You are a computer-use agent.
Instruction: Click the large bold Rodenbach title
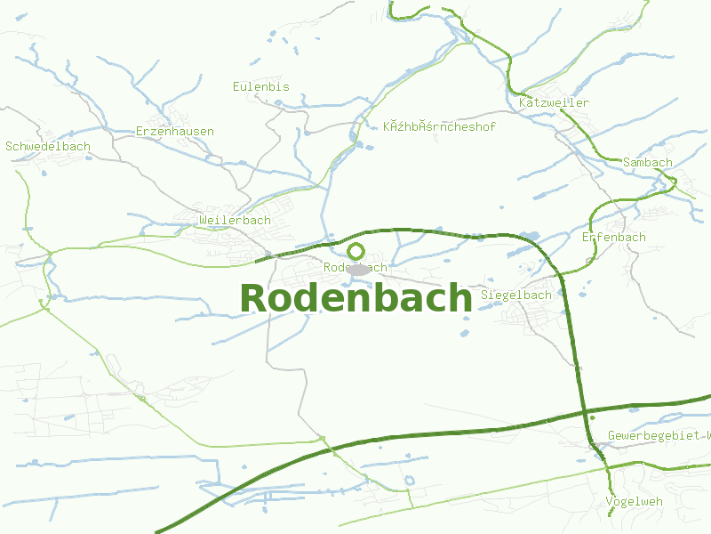(355, 298)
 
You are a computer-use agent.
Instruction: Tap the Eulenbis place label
(260, 87)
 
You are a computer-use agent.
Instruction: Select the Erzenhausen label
(175, 132)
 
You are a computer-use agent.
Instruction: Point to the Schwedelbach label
(48, 147)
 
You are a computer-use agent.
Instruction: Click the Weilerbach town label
(235, 221)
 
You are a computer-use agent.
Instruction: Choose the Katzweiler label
(554, 103)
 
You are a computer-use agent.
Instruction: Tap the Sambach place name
(648, 163)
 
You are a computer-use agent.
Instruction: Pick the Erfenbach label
(613, 238)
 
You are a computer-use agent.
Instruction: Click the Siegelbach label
(515, 295)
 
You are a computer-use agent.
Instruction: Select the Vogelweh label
(634, 502)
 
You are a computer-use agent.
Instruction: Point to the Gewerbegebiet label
(658, 436)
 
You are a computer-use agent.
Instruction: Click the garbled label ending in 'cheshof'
(439, 127)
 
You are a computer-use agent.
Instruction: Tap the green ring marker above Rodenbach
(356, 252)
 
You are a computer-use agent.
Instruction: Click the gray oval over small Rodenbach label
(358, 269)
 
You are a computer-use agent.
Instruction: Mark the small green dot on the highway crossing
(592, 417)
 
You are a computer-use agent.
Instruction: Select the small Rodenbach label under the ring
(355, 267)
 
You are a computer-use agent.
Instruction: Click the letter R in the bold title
(253, 299)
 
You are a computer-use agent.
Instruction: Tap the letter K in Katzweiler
(523, 103)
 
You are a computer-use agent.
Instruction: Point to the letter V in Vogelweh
(609, 502)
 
